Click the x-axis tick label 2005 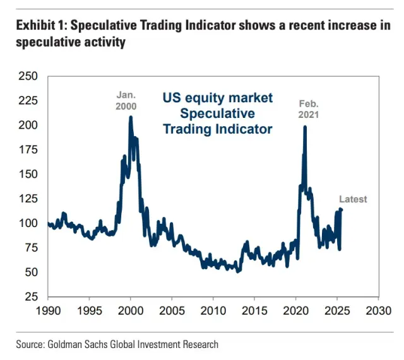click(172, 311)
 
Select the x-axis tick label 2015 click(254, 311)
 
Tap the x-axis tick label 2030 click(378, 311)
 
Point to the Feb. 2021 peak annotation click(308, 109)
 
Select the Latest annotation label click(353, 199)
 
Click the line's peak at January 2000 click(131, 117)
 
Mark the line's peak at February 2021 click(305, 127)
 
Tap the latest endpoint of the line click(342, 210)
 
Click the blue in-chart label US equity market click(218, 98)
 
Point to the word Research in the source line click(199, 344)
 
